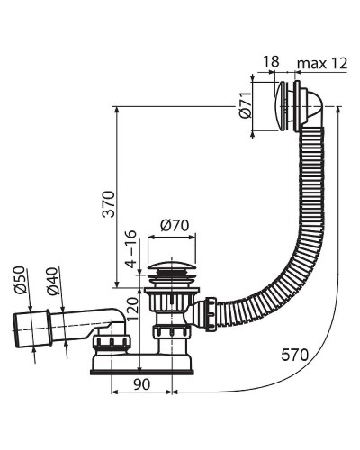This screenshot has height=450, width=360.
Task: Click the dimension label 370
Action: (109, 204)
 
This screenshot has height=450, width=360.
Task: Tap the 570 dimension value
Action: (294, 355)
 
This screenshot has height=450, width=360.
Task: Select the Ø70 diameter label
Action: (175, 225)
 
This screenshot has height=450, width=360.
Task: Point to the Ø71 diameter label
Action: (246, 105)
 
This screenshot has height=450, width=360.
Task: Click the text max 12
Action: (322, 64)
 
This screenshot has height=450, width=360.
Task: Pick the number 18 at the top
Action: (271, 62)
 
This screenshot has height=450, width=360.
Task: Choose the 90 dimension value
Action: (141, 384)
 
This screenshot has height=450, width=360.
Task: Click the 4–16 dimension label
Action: (131, 249)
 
